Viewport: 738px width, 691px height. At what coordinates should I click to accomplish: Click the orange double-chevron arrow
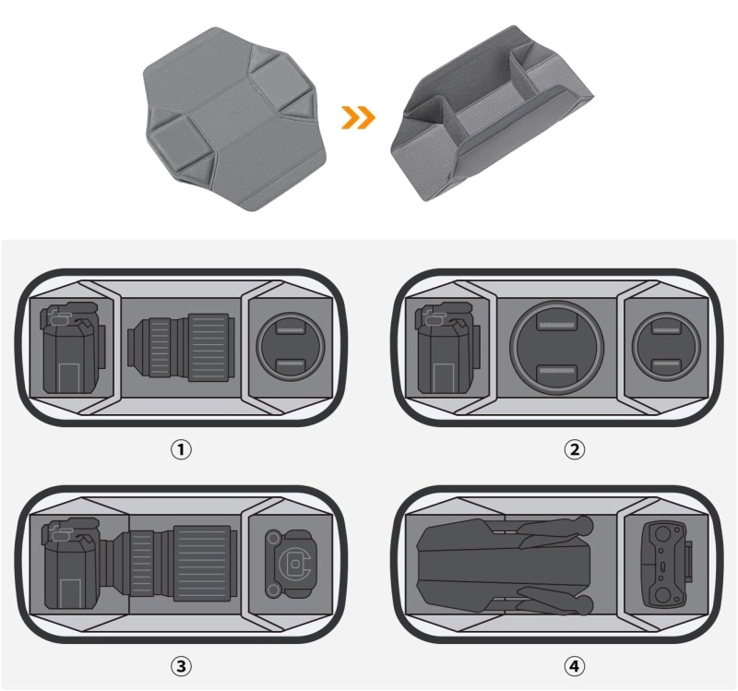coord(358,117)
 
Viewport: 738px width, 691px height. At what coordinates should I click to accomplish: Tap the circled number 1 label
coord(181,449)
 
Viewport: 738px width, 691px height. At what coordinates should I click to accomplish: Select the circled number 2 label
coord(574,449)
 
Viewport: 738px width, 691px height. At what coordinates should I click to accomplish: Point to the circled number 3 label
coord(181,666)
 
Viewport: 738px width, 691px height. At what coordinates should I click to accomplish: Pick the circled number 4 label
coord(574,666)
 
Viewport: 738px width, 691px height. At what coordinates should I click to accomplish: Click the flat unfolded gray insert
coord(234,119)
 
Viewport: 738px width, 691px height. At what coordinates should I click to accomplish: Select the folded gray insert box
coord(492,113)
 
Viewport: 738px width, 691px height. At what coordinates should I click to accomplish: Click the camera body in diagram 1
coord(73,348)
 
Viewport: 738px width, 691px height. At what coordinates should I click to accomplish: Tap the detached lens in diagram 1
coord(181,348)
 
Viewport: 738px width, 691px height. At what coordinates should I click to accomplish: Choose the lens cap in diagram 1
coord(291,346)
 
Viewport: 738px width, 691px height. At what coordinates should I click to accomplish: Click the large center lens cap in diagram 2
coord(556,348)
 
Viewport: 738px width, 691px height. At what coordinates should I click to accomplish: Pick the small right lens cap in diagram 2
coord(666,346)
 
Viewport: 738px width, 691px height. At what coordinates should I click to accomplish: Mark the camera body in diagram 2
coord(447,348)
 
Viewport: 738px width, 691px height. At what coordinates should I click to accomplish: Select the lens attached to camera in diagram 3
coord(173,564)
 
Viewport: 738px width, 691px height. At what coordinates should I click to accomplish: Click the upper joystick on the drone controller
coord(661,534)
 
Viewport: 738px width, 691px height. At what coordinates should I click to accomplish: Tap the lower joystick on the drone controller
coord(661,595)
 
